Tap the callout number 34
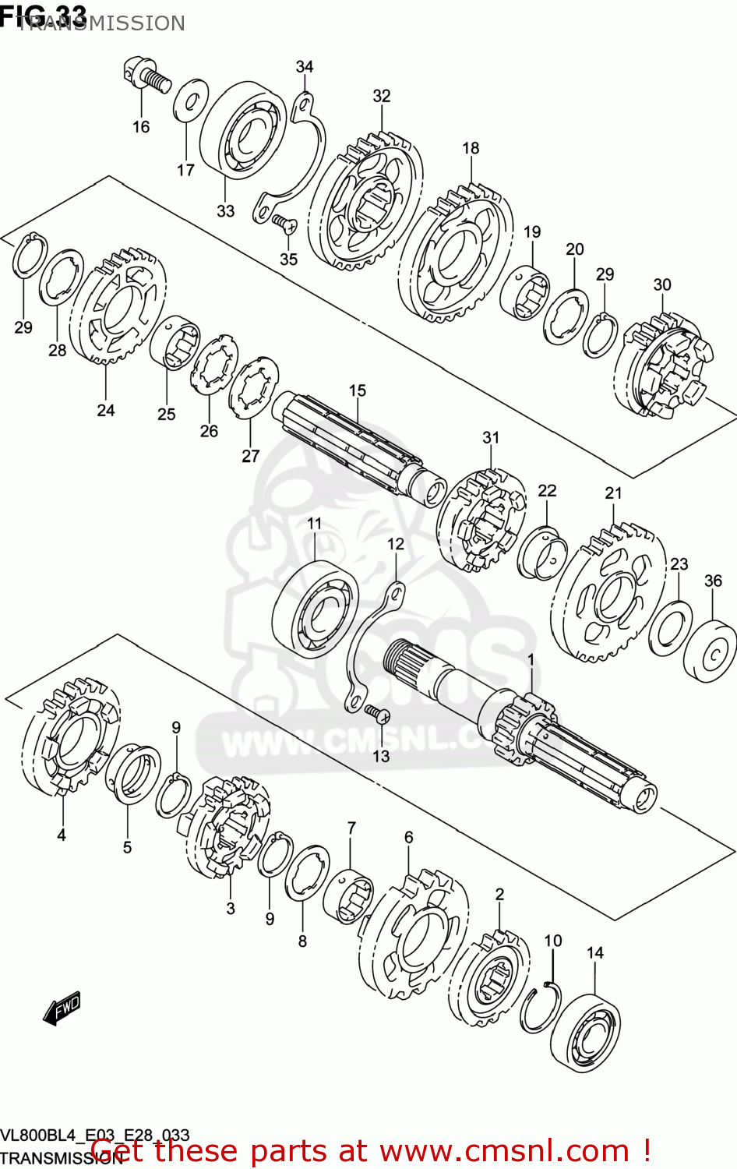coord(305,67)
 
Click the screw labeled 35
coord(285,225)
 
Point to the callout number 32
coord(381,96)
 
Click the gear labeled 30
coord(662,364)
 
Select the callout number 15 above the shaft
coord(357,390)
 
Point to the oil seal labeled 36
coord(710,651)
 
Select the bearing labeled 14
coord(586,1033)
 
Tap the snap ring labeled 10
coord(542,1008)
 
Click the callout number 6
coord(408,838)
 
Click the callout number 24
coord(106,410)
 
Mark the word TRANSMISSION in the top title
coord(101,23)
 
